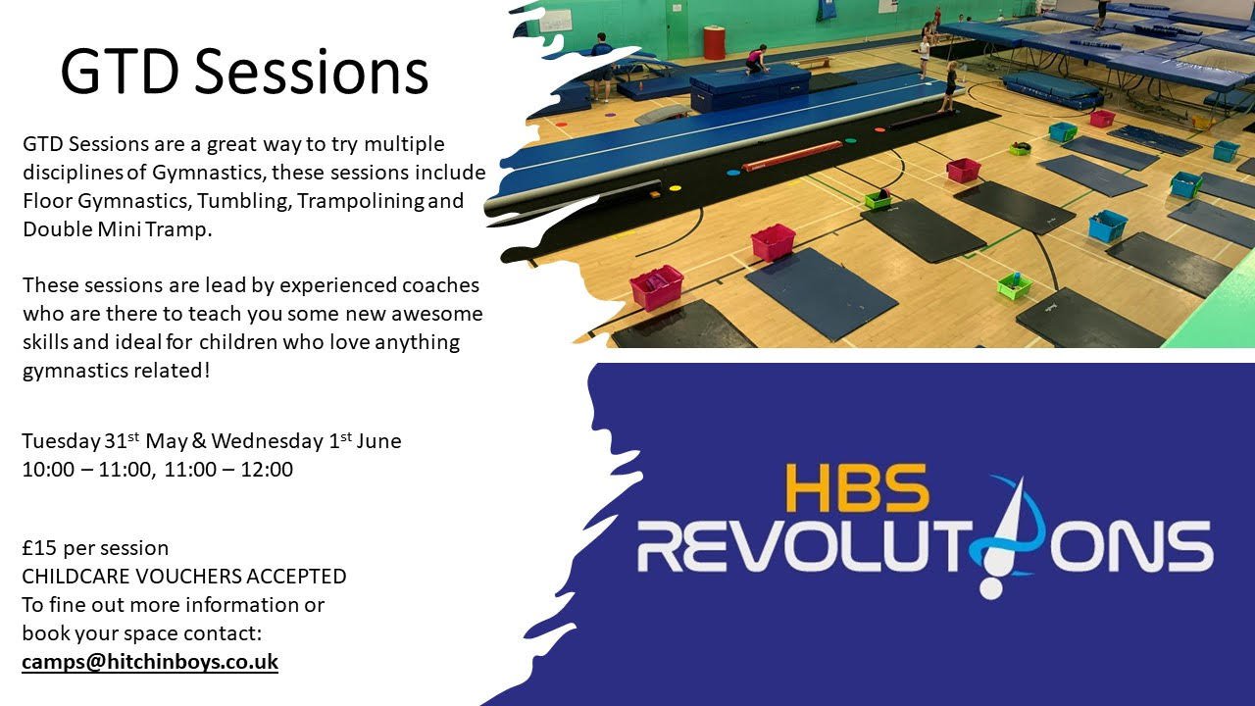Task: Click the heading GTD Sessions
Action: click(x=244, y=73)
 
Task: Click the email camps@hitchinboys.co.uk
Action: click(x=150, y=662)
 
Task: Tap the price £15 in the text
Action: click(x=39, y=547)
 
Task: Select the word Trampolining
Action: click(x=361, y=201)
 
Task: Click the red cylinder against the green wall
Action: click(x=715, y=42)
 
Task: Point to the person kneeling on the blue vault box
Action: click(x=756, y=60)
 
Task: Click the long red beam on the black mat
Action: click(x=792, y=157)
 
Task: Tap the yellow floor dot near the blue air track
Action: click(x=676, y=188)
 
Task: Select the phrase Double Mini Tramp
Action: click(x=117, y=229)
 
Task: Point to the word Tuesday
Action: click(x=61, y=441)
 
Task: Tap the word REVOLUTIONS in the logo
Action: click(x=925, y=546)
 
